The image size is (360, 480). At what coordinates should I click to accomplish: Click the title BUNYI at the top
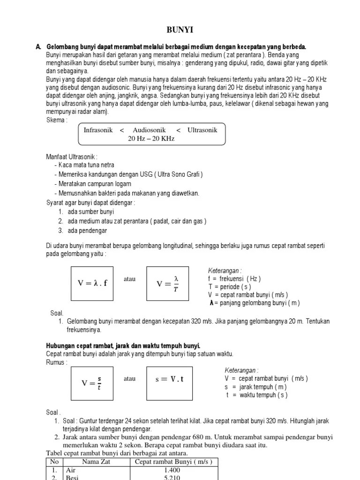point(180,30)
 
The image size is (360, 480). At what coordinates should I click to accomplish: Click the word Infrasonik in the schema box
point(98,130)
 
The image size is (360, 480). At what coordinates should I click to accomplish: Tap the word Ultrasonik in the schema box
point(202,130)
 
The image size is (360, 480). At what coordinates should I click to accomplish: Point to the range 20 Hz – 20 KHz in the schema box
point(151,139)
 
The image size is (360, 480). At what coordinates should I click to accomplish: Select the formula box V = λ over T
point(167,283)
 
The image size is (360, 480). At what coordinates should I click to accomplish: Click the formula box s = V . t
point(169,379)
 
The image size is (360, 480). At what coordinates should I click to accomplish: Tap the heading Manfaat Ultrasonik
point(72,156)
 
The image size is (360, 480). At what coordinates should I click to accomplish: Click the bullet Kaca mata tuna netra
point(86,165)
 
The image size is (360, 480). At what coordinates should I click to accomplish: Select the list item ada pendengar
point(87,230)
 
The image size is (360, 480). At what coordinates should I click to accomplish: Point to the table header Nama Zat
point(95,462)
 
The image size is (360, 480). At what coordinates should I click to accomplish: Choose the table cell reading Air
point(71,470)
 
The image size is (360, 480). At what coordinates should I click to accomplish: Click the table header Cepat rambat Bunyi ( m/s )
point(173,462)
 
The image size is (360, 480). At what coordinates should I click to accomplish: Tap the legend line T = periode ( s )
point(230,286)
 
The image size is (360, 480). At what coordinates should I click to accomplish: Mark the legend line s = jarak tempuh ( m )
point(255,387)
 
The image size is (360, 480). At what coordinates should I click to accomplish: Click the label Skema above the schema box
point(57,120)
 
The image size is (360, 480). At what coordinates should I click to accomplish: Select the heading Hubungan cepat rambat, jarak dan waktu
point(123,345)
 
